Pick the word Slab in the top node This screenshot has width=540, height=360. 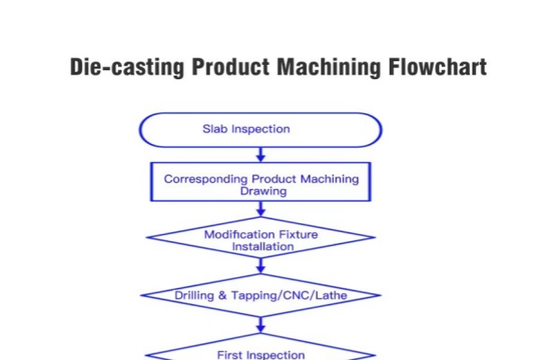[216, 129]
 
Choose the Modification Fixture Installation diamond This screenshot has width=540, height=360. [261, 239]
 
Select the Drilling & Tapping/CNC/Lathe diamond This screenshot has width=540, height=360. [261, 294]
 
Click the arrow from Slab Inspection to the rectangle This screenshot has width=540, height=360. [261, 155]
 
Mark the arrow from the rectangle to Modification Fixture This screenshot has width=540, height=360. [261, 210]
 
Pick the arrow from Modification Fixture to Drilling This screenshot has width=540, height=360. [261, 265]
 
